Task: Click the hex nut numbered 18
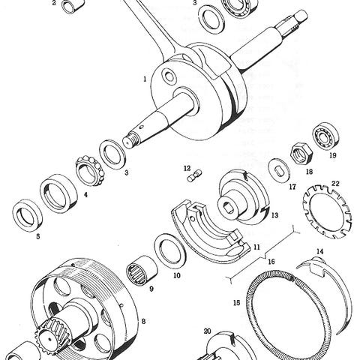pos(301,153)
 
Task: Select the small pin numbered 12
pos(194,175)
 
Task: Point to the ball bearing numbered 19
pos(325,136)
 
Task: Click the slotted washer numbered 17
pos(278,171)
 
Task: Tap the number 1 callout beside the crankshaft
pos(145,79)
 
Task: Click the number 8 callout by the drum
pos(143,321)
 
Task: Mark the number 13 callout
pos(274,215)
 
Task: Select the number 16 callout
pos(271,262)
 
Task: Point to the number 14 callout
pos(320,251)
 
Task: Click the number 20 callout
pos(208,331)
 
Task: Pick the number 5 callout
pos(38,236)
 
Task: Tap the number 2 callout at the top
pos(54,3)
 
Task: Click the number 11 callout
pos(256,247)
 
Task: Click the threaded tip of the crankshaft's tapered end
pos(130,140)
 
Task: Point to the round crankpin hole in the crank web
pos(169,76)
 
